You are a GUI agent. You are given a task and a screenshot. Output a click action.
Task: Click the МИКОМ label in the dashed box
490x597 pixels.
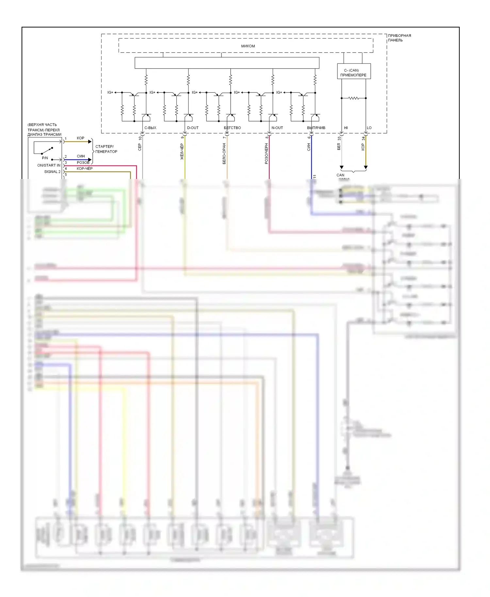[x=248, y=46]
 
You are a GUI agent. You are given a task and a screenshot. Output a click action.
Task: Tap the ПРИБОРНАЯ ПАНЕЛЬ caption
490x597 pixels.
[x=399, y=38]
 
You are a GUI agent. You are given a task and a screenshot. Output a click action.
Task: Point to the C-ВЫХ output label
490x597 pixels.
[x=150, y=128]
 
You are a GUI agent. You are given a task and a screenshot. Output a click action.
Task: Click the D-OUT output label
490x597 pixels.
[x=193, y=128]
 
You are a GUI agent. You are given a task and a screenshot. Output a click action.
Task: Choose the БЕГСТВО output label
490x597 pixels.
[x=232, y=128]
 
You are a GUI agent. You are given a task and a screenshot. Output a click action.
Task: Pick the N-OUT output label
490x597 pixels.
[x=277, y=128]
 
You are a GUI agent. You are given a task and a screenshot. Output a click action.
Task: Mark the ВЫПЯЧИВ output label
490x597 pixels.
[x=316, y=128]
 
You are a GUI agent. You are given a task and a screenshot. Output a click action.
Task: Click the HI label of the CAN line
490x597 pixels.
[x=346, y=128]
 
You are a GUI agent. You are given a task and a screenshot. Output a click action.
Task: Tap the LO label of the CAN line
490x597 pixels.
[x=369, y=128]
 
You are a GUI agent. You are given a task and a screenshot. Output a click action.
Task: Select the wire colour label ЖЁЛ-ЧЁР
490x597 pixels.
[x=182, y=152]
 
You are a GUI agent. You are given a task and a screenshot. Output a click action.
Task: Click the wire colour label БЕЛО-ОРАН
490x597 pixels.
[x=224, y=153]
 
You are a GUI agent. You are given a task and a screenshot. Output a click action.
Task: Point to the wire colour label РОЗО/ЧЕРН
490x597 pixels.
[x=266, y=153]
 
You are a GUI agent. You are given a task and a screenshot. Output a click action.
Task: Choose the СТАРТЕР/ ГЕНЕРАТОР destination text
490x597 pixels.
[x=106, y=149]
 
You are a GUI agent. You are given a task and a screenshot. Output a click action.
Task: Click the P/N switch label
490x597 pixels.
[x=45, y=158]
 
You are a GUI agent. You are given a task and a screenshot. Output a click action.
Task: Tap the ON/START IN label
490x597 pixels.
[x=49, y=165]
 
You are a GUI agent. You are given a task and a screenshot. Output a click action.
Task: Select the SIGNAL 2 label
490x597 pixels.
[x=52, y=172]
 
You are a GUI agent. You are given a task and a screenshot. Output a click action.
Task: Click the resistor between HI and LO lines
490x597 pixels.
[x=353, y=98]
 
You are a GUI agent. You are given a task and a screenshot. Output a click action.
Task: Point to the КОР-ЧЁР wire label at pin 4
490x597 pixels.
[x=85, y=169]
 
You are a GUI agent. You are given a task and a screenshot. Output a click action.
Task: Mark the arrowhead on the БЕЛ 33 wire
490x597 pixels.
[x=342, y=167]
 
